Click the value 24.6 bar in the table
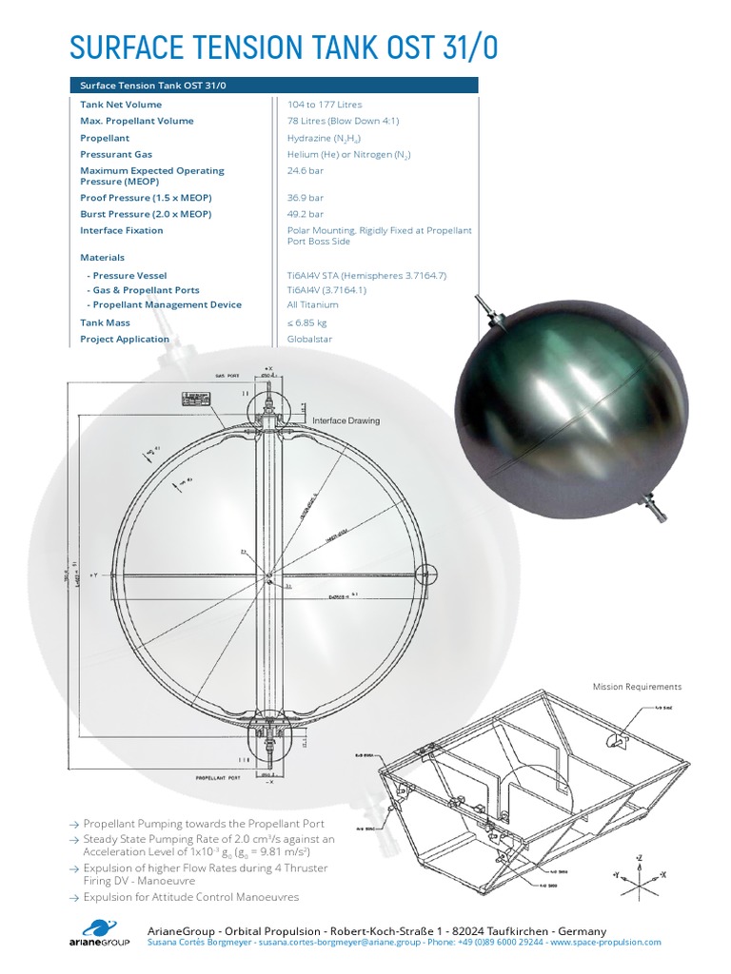click(306, 171)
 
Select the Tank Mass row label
click(105, 322)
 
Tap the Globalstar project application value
click(309, 339)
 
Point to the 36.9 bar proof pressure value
click(306, 198)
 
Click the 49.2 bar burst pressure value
click(306, 214)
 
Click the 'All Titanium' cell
click(312, 304)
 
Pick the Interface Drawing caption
click(346, 420)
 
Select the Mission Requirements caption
click(637, 686)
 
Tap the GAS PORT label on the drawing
click(227, 377)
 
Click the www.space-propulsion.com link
click(605, 942)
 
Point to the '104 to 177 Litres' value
click(325, 105)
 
